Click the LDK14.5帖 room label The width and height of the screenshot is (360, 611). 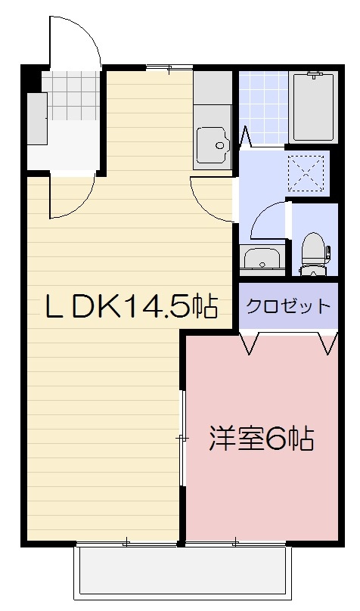(x=131, y=306)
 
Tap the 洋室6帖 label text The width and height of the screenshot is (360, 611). (x=262, y=439)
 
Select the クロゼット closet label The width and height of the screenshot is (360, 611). (x=288, y=306)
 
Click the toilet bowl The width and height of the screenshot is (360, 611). (x=314, y=253)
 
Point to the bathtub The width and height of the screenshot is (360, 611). (x=314, y=107)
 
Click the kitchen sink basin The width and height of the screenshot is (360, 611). (x=213, y=144)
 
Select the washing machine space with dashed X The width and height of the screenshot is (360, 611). (x=306, y=173)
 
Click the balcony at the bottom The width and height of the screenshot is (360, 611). (x=182, y=572)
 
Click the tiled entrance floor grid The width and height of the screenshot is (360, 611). (x=70, y=95)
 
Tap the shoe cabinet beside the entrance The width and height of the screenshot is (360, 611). (x=37, y=119)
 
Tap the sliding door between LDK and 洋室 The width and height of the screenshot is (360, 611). (x=182, y=438)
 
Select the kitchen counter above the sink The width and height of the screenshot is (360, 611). (x=213, y=88)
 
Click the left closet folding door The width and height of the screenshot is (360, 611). (x=250, y=342)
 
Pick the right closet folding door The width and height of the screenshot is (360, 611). (x=328, y=342)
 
